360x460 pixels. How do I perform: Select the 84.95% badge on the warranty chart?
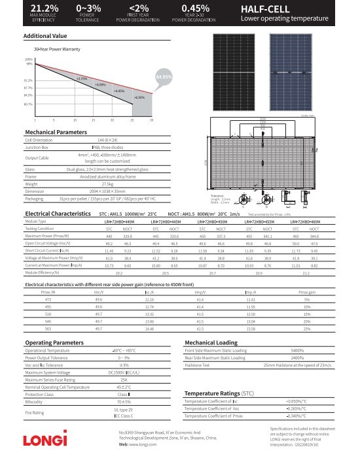(x=164, y=77)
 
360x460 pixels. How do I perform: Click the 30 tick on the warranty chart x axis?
(x=151, y=120)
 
